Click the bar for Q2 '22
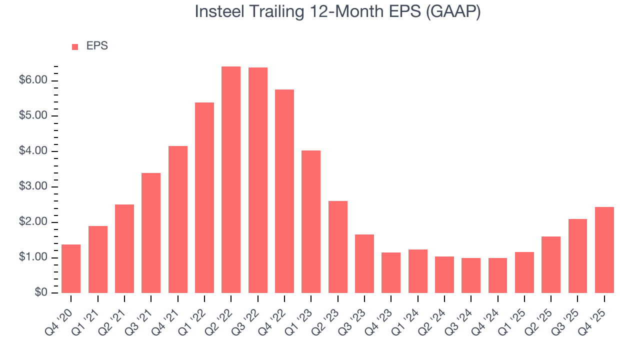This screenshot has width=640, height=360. (231, 180)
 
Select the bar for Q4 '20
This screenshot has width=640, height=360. (71, 269)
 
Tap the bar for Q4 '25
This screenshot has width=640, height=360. (604, 250)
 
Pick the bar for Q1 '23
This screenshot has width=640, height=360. (311, 222)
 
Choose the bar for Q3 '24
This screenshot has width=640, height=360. (471, 275)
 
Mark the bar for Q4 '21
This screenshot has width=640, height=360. (178, 219)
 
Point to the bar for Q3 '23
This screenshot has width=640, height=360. (364, 264)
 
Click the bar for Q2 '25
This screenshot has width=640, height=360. (551, 265)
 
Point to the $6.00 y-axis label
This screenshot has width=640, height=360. (33, 80)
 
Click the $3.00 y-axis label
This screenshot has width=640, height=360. (33, 187)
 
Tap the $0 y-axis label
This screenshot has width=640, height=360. (41, 293)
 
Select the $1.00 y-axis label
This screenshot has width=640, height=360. (33, 258)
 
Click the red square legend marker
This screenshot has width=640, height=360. (75, 47)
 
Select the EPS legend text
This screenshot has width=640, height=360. (97, 46)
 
